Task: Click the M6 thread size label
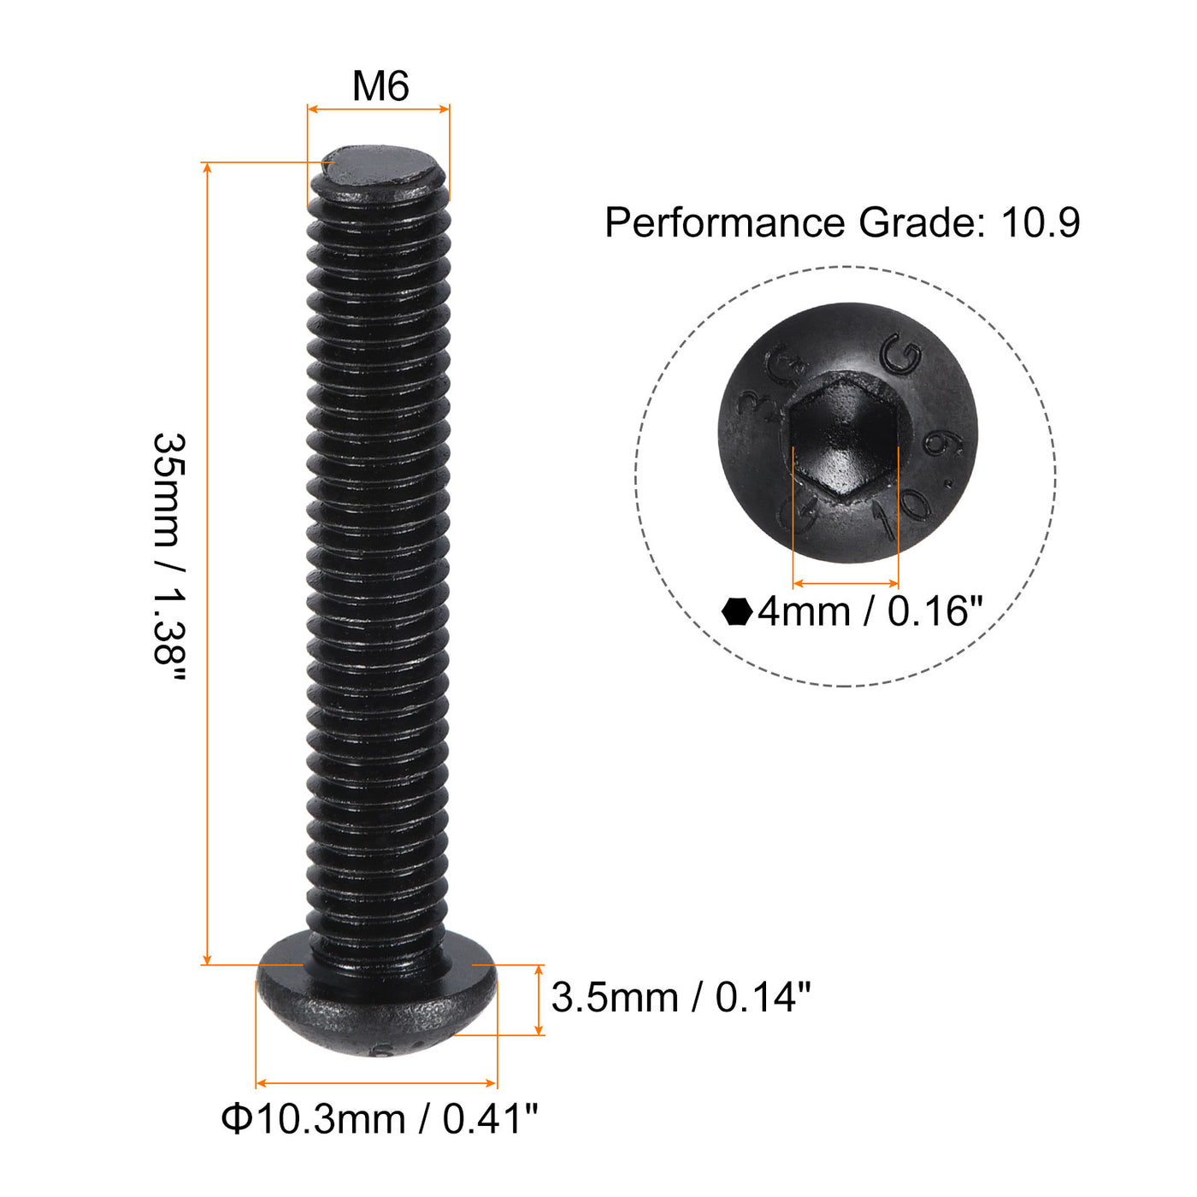[380, 86]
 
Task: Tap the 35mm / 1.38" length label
[168, 560]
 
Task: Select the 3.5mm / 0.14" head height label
[681, 998]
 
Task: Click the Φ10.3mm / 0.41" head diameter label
[380, 1118]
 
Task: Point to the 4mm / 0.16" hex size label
[870, 612]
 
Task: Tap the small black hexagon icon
[736, 612]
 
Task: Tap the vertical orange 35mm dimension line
[207, 564]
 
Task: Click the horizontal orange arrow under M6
[378, 109]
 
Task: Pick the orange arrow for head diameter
[376, 1083]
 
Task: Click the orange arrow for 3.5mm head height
[539, 1000]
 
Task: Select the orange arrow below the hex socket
[845, 584]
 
